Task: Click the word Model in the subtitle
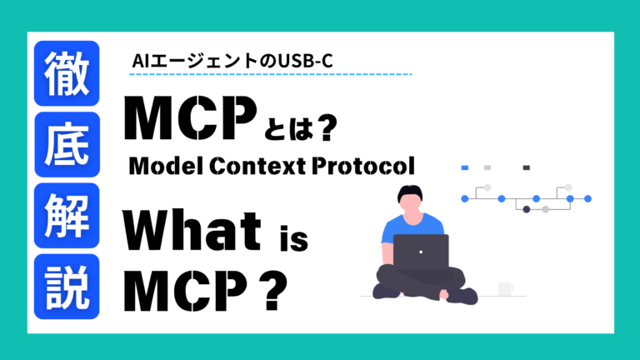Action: point(163,167)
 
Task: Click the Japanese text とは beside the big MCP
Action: point(287,129)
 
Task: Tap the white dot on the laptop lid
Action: point(420,251)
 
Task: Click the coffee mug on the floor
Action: point(505,288)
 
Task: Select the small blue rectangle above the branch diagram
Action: point(465,167)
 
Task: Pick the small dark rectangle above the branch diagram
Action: point(526,167)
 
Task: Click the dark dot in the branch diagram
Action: point(526,209)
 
